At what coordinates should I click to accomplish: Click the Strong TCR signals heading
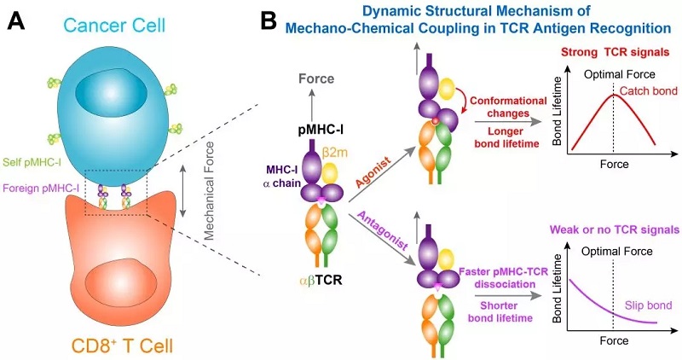(x=618, y=53)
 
